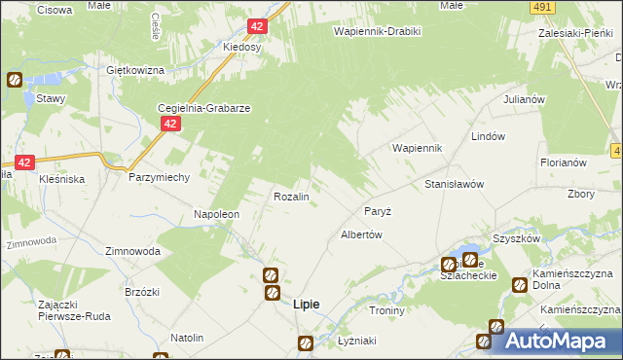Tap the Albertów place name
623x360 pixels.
(x=360, y=234)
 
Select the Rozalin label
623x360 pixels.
(x=291, y=197)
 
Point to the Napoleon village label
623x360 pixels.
(x=216, y=214)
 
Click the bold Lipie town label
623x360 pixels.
(x=307, y=305)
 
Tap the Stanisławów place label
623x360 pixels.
(x=454, y=184)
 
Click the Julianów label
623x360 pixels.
(x=522, y=99)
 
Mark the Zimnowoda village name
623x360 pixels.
(x=133, y=250)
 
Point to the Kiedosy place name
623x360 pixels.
(x=241, y=47)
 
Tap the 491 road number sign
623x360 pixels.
(x=542, y=7)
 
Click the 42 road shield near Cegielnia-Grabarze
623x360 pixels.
(x=170, y=124)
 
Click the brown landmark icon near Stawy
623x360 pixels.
(x=15, y=80)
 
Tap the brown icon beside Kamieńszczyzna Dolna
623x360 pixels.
(x=518, y=284)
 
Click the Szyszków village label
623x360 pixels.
(x=516, y=238)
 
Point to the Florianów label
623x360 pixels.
(x=563, y=162)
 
